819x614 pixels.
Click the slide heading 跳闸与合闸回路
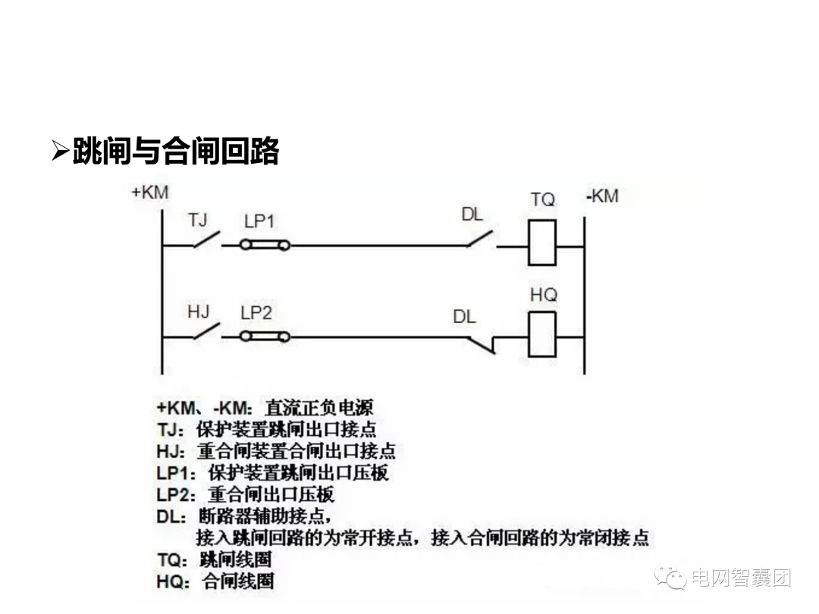click(176, 152)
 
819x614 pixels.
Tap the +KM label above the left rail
click(150, 193)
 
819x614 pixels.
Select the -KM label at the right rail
click(602, 196)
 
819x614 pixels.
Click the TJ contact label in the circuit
click(197, 220)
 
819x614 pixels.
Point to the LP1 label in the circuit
click(259, 221)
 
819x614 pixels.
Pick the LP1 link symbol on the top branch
click(264, 245)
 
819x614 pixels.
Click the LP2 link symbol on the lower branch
click(264, 336)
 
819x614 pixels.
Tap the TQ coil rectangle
click(542, 243)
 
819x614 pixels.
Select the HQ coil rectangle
click(542, 334)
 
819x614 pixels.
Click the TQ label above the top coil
click(542, 200)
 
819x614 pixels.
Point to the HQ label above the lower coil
click(543, 294)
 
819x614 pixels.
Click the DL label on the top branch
click(472, 215)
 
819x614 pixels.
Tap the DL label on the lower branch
click(464, 316)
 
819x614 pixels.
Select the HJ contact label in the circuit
click(198, 312)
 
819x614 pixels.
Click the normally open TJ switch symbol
click(206, 241)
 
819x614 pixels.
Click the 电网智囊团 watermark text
click(741, 578)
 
